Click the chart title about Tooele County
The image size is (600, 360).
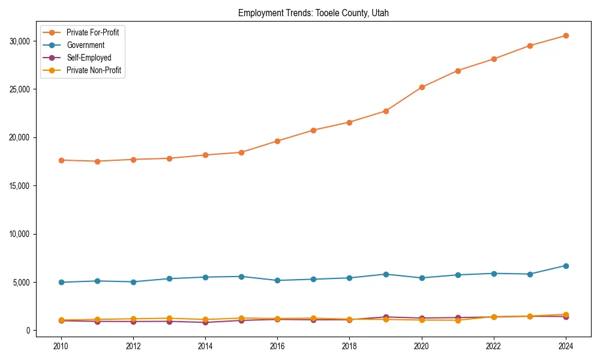click(313, 13)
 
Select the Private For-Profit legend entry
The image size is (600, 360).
click(92, 32)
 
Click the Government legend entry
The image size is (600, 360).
click(85, 45)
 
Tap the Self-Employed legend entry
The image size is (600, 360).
click(89, 58)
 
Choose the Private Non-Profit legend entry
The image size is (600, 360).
click(94, 70)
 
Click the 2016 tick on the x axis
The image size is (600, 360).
click(277, 346)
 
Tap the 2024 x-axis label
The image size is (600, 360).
click(566, 346)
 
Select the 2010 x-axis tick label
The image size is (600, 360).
click(60, 346)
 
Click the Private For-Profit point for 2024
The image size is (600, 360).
click(566, 35)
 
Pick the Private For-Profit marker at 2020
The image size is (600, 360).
click(422, 87)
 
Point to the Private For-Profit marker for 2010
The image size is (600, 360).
click(60, 160)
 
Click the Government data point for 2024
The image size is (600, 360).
click(566, 266)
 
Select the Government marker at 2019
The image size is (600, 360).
click(386, 274)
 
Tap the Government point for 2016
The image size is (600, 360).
click(277, 280)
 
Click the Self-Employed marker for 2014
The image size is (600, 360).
click(205, 322)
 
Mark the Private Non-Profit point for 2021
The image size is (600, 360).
click(458, 320)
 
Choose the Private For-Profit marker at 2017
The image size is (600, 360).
click(313, 130)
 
